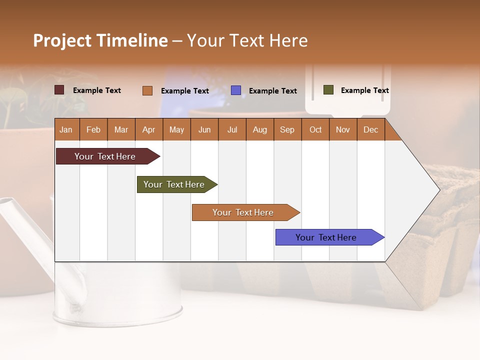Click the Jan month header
[66, 129]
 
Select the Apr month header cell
[149, 129]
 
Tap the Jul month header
[232, 129]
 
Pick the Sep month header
[287, 129]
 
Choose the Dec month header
[370, 129]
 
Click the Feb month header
[93, 129]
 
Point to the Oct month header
[315, 129]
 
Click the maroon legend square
[59, 90]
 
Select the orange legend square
[147, 90]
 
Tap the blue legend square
[236, 90]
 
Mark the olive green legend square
[328, 90]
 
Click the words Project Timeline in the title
[100, 40]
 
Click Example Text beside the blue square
[272, 91]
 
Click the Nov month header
[343, 129]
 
